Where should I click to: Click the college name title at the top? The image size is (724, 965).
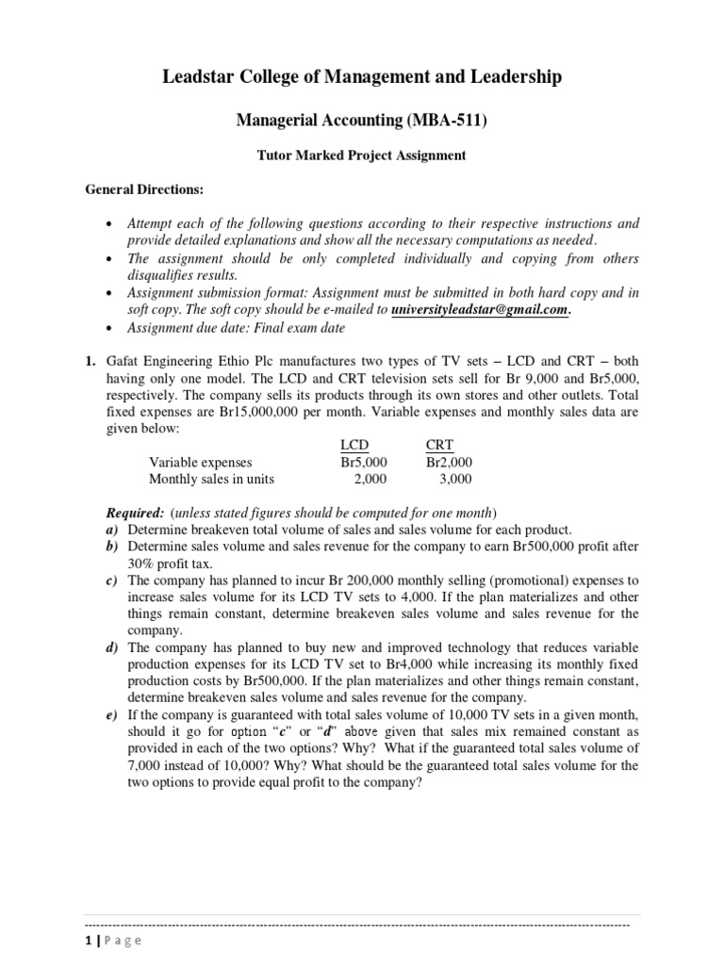[x=361, y=77]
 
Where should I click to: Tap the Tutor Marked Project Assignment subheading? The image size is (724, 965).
[x=361, y=155]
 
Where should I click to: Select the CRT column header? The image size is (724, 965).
[x=439, y=444]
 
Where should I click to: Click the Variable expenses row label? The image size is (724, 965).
[x=201, y=462]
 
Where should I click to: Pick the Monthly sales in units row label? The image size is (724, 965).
[x=211, y=479]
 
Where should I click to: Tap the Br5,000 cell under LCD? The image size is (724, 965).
[x=363, y=462]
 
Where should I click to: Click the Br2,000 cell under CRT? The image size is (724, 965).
[x=449, y=462]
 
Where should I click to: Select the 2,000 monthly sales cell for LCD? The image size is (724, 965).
[x=370, y=479]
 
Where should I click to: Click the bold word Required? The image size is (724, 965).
[x=135, y=513]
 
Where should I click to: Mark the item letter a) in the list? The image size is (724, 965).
[x=110, y=530]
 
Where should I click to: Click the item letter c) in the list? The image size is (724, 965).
[x=110, y=581]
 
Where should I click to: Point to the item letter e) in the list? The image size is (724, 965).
[x=110, y=716]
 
